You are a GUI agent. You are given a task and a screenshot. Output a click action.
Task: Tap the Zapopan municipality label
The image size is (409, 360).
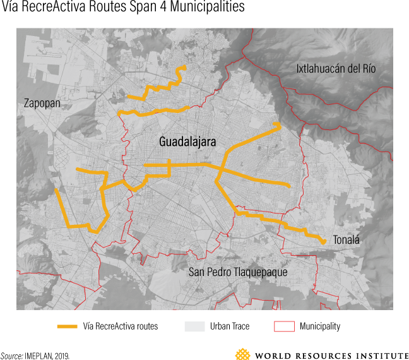(42, 102)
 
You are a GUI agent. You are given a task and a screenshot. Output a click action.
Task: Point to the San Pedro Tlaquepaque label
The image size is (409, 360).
(238, 272)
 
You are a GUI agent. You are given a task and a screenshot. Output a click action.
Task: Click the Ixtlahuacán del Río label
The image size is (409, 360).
(336, 68)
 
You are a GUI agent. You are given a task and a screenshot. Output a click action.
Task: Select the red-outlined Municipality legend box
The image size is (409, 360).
(284, 327)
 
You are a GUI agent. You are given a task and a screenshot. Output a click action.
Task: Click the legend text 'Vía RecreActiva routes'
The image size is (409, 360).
(121, 327)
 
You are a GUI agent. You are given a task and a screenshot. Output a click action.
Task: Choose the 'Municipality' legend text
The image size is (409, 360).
(320, 327)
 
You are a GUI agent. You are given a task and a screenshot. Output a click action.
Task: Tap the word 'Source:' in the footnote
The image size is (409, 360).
(11, 356)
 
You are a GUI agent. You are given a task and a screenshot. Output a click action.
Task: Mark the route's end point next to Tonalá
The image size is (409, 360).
(324, 242)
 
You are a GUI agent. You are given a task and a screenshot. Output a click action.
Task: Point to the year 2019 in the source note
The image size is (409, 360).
(61, 356)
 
